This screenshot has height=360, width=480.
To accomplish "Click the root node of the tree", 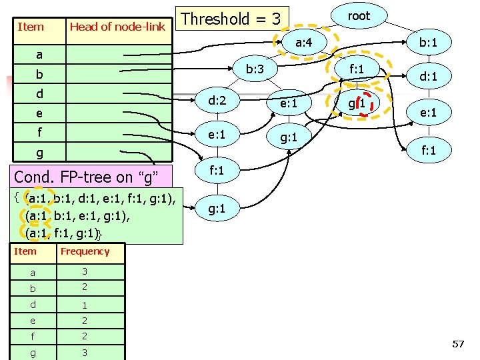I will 359,16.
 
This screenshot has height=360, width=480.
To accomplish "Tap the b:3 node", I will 255,69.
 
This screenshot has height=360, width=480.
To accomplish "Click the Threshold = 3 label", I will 231,18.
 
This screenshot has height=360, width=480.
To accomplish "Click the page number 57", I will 458,344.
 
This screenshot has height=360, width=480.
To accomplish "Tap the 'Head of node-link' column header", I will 117,27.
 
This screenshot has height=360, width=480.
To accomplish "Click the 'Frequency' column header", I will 85,251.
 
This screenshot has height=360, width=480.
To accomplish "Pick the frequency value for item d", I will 85,305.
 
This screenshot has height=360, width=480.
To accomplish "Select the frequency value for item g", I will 85,353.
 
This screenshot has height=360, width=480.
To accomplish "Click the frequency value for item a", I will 85,272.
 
